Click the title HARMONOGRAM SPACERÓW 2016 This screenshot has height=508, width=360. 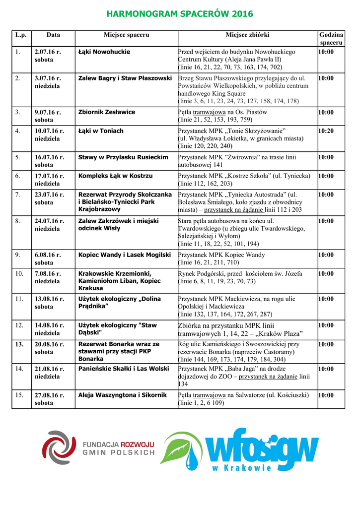pyautogui.click(x=180, y=14)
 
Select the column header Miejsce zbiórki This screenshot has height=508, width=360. pyautogui.click(x=247, y=35)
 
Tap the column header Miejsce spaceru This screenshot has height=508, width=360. pyautogui.click(x=126, y=35)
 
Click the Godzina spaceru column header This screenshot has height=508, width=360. pyautogui.click(x=331, y=39)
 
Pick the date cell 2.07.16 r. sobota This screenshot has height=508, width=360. pyautogui.click(x=48, y=55)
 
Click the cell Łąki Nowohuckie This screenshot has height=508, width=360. pyautogui.click(x=105, y=52)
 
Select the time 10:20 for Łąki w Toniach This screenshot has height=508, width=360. pyautogui.click(x=326, y=131)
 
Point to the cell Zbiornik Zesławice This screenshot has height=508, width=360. pyautogui.click(x=107, y=112)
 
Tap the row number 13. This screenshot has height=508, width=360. pyautogui.click(x=19, y=344)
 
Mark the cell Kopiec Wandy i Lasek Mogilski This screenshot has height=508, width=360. pyautogui.click(x=125, y=254)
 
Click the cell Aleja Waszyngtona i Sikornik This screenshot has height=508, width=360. pyautogui.click(x=123, y=395)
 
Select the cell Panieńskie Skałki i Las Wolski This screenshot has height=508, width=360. pyautogui.click(x=124, y=369)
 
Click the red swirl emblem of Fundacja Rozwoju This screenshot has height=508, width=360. pyautogui.click(x=59, y=447)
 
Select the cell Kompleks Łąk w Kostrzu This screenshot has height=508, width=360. pyautogui.click(x=116, y=176)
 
